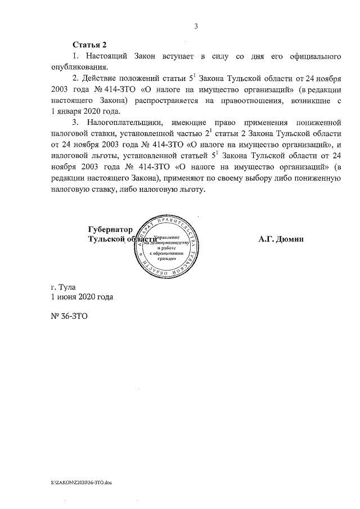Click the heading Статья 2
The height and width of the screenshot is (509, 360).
[89, 44]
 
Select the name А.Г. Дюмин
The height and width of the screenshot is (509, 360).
[281, 239]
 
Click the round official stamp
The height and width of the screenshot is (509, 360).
[168, 243]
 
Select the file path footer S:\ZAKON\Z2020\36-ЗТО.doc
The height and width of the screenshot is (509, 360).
[80, 483]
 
